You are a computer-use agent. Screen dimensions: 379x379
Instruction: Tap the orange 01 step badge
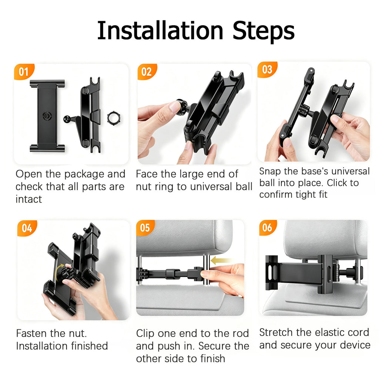(24, 71)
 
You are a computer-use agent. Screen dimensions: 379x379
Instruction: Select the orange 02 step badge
(147, 71)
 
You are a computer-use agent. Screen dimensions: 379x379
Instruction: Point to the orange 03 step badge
(267, 69)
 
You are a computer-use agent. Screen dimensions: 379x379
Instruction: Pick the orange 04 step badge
(27, 228)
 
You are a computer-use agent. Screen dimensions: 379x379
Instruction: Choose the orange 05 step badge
(145, 228)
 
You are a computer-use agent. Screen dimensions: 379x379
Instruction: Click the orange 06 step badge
(267, 228)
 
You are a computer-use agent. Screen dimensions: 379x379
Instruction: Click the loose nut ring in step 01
(114, 118)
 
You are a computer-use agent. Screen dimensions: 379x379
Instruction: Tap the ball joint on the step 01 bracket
(67, 119)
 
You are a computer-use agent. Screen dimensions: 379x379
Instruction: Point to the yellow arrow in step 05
(221, 261)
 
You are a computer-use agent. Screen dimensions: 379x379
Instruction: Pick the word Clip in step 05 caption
(145, 334)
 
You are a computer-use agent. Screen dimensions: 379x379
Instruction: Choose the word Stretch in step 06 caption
(276, 332)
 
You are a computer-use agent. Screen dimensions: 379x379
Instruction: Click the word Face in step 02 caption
(147, 174)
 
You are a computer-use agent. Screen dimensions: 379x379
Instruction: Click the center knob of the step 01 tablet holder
(46, 116)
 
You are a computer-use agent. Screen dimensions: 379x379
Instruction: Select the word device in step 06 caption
(355, 345)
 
